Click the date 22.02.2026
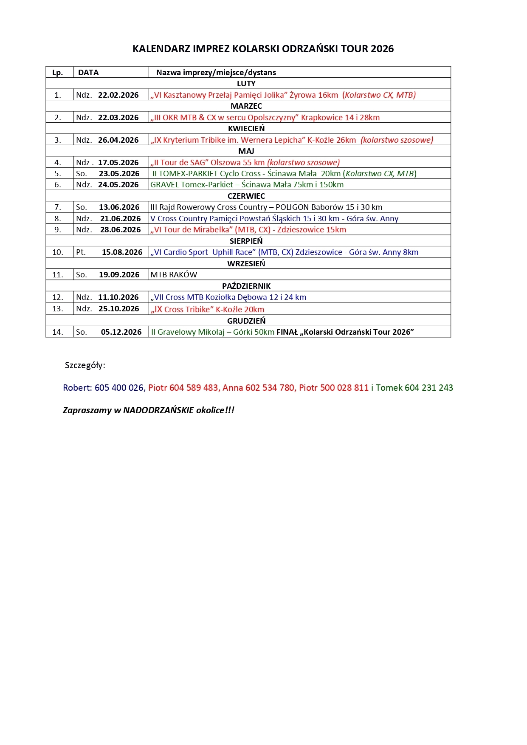tap(118, 95)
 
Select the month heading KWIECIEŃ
tap(246, 129)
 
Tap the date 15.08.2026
tap(122, 252)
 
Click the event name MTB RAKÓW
tap(174, 275)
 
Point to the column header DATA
tap(88, 73)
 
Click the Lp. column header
tap(58, 73)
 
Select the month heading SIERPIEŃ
tap(246, 241)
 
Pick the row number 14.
tap(58, 332)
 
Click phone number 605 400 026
tap(119, 388)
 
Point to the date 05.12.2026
tap(121, 332)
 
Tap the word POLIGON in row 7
tap(292, 207)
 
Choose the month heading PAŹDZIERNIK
tap(246, 286)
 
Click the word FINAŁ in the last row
tap(287, 332)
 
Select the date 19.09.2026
tap(119, 275)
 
